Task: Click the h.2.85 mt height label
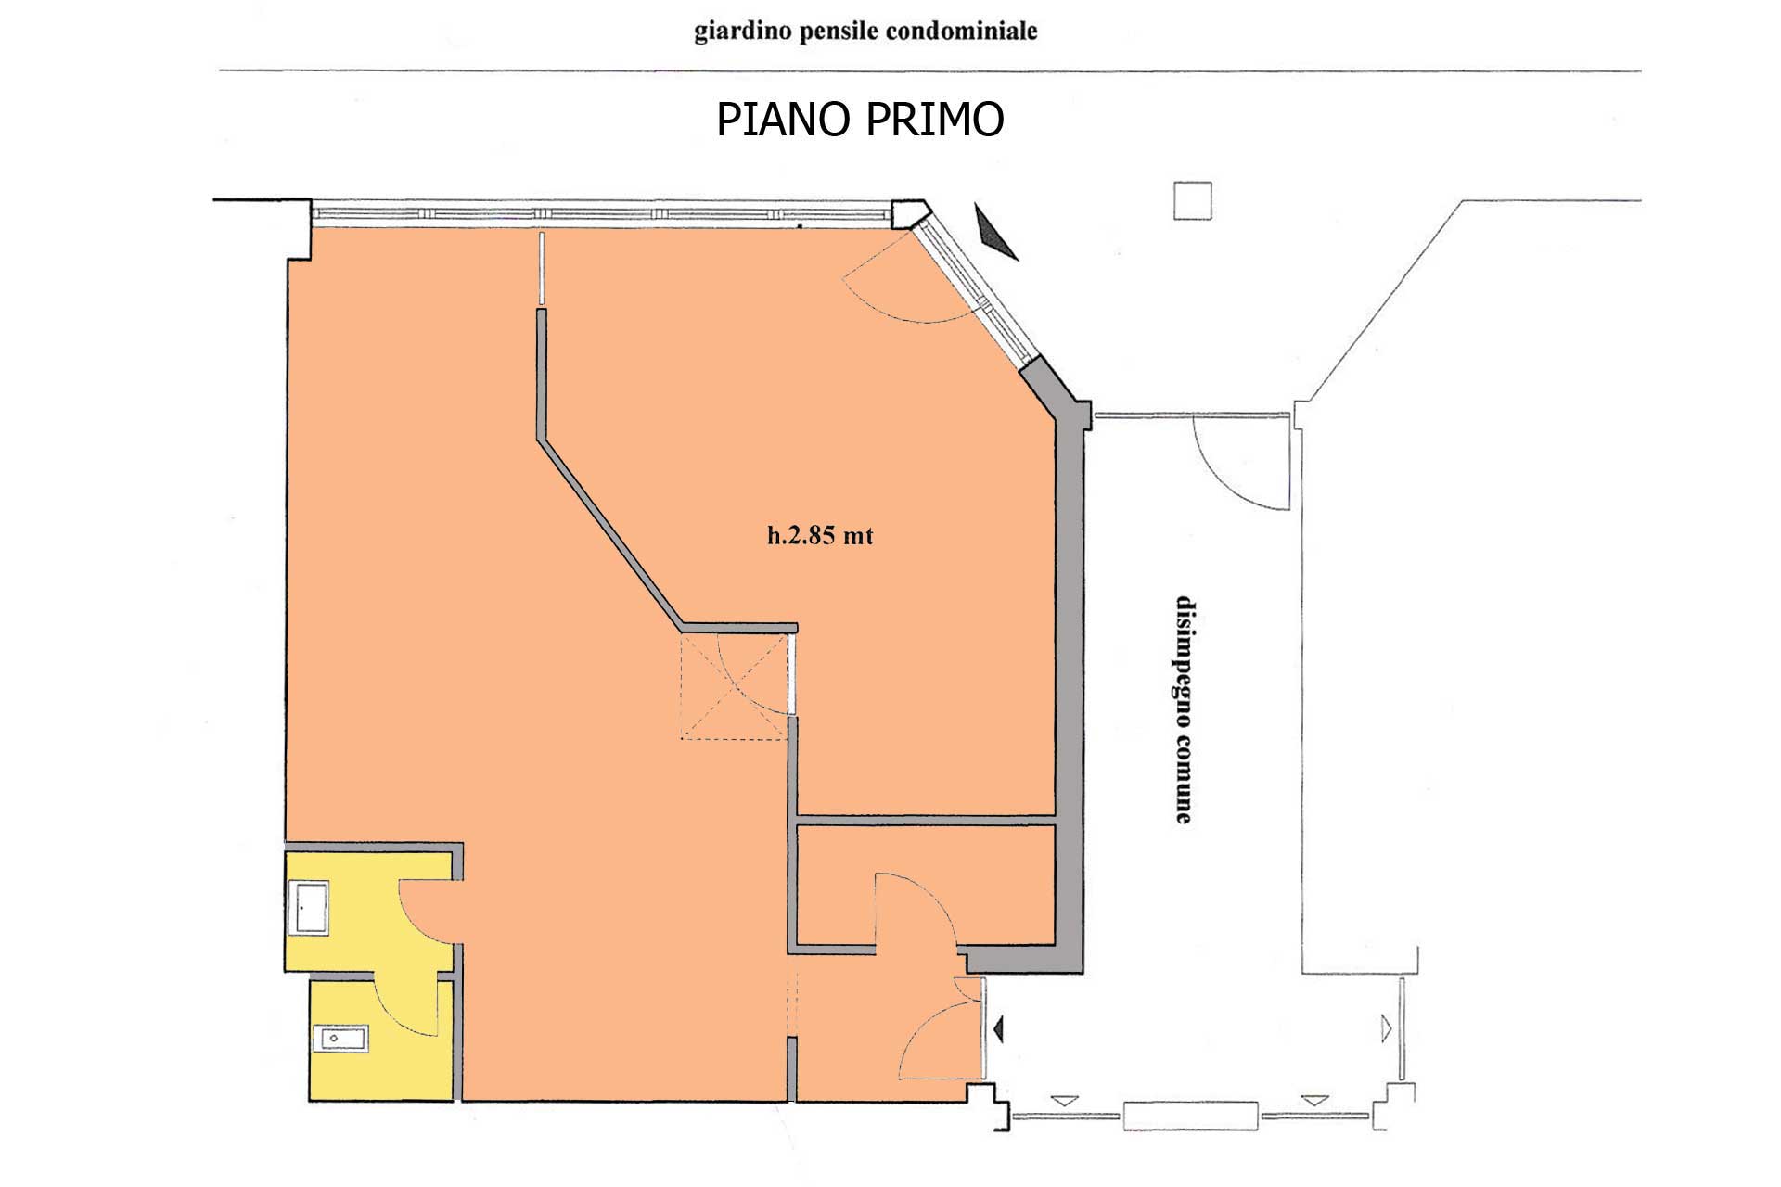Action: pos(820,536)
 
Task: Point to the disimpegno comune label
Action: pos(1185,709)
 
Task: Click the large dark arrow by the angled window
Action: pos(997,234)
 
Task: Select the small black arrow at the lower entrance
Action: pos(998,1028)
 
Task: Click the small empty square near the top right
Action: pos(1193,201)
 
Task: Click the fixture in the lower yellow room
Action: pos(342,1039)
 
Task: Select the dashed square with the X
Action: pos(734,686)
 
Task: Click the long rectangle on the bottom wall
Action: pos(1191,1116)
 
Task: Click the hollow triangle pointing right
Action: pos(1387,1028)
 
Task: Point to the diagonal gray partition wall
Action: pos(609,533)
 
